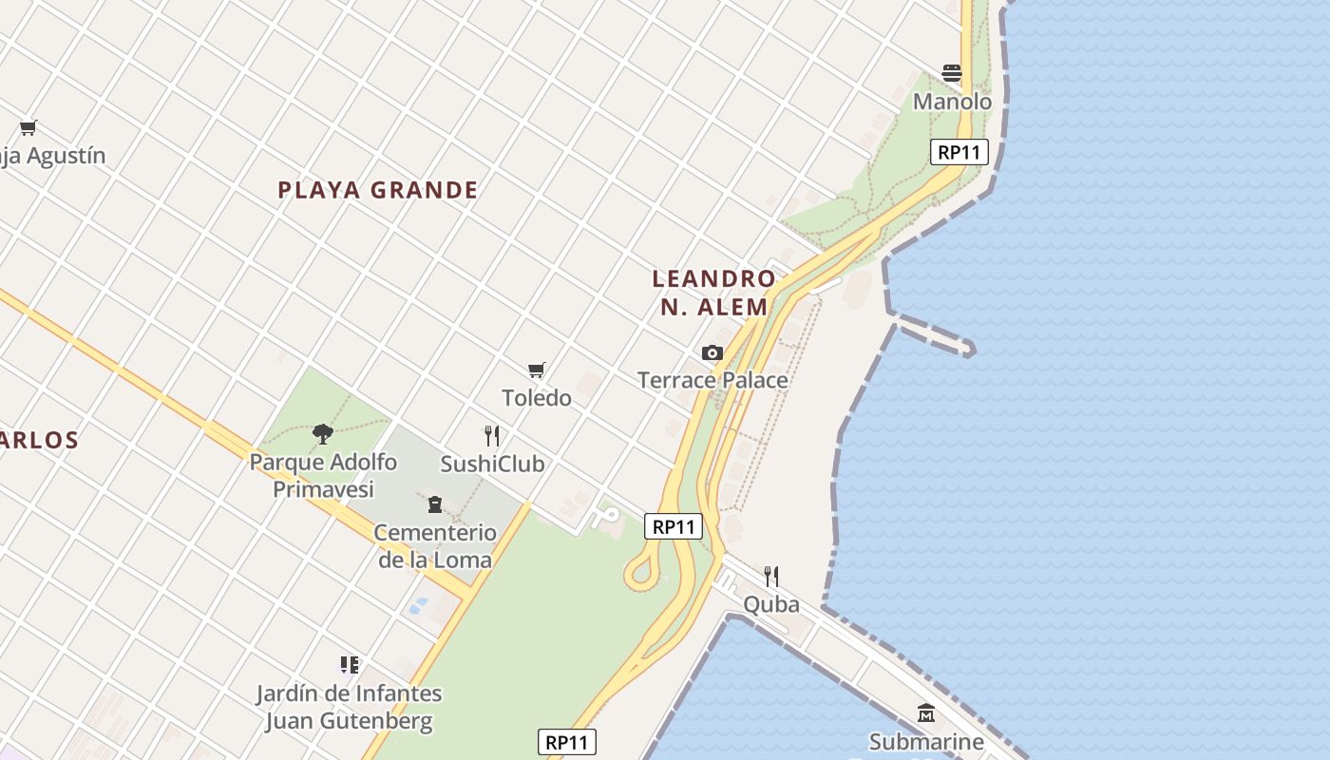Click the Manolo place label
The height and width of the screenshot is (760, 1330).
click(x=952, y=102)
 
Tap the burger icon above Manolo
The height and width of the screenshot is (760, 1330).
click(x=952, y=73)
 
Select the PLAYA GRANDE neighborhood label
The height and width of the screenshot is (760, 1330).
click(x=378, y=190)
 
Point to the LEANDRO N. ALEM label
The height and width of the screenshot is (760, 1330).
click(x=713, y=293)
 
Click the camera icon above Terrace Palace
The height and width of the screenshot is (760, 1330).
click(x=712, y=352)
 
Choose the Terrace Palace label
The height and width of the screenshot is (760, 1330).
click(x=712, y=380)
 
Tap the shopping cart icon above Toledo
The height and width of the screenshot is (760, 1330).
click(x=537, y=370)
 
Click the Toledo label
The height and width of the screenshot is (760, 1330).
click(x=537, y=398)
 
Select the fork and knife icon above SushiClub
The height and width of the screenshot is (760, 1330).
click(x=492, y=436)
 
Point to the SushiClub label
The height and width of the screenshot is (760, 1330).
click(x=492, y=464)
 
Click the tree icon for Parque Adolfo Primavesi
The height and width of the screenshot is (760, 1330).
click(x=323, y=434)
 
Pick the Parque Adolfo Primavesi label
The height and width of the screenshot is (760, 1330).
click(x=323, y=476)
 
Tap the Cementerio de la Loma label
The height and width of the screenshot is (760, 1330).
click(x=435, y=546)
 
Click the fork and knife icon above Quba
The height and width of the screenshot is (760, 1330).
click(x=771, y=576)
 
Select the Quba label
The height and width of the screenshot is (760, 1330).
click(x=771, y=604)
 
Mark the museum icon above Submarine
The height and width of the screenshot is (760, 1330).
click(x=926, y=712)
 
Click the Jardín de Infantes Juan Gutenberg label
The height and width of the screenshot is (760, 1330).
click(x=349, y=707)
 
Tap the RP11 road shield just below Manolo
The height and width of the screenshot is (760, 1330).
click(x=959, y=152)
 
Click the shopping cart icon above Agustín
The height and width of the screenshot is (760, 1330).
click(x=28, y=127)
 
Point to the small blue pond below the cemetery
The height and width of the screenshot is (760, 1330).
click(x=416, y=605)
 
